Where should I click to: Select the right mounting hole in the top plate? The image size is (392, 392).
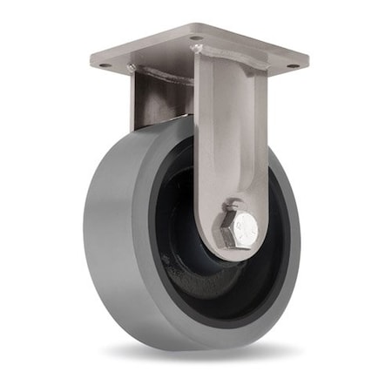(293, 64)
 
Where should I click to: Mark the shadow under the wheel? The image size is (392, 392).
(200, 353)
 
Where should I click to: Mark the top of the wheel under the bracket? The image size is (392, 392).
(166, 125)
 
